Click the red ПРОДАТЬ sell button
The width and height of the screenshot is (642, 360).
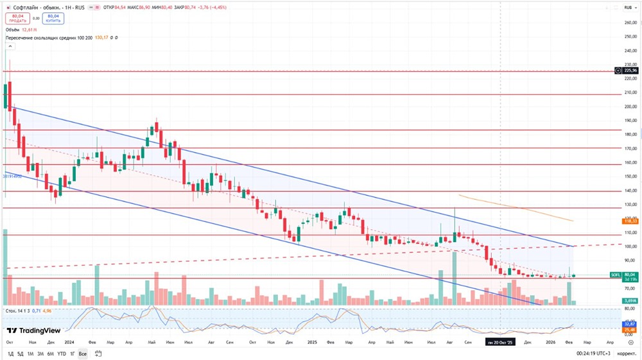(x=17, y=19)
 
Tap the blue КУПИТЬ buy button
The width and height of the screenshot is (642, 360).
(x=53, y=19)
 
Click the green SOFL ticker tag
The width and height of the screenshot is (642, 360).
(x=614, y=275)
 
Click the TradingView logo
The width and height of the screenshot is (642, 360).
(x=33, y=331)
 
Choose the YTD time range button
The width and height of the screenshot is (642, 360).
(x=61, y=354)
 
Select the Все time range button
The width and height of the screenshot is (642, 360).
(x=83, y=354)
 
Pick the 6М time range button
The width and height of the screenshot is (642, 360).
(x=50, y=354)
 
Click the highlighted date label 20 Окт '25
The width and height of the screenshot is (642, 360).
(x=500, y=343)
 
